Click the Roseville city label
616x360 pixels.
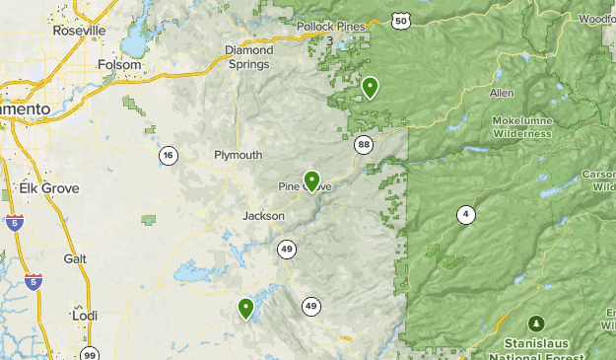pyautogui.click(x=78, y=31)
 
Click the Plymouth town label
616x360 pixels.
pyautogui.click(x=239, y=155)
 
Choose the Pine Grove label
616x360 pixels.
pyautogui.click(x=305, y=186)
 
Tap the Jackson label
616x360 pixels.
pyautogui.click(x=264, y=215)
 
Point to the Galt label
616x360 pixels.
pyautogui.click(x=75, y=257)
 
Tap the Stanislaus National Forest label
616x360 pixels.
pyautogui.click(x=535, y=350)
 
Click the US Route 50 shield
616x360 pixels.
pyautogui.click(x=399, y=20)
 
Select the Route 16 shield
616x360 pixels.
pyautogui.click(x=170, y=155)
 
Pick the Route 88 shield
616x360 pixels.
pyautogui.click(x=364, y=145)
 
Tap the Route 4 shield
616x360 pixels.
pyautogui.click(x=464, y=214)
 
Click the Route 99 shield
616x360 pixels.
pyautogui.click(x=90, y=354)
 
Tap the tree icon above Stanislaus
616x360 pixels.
pyautogui.click(x=536, y=323)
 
